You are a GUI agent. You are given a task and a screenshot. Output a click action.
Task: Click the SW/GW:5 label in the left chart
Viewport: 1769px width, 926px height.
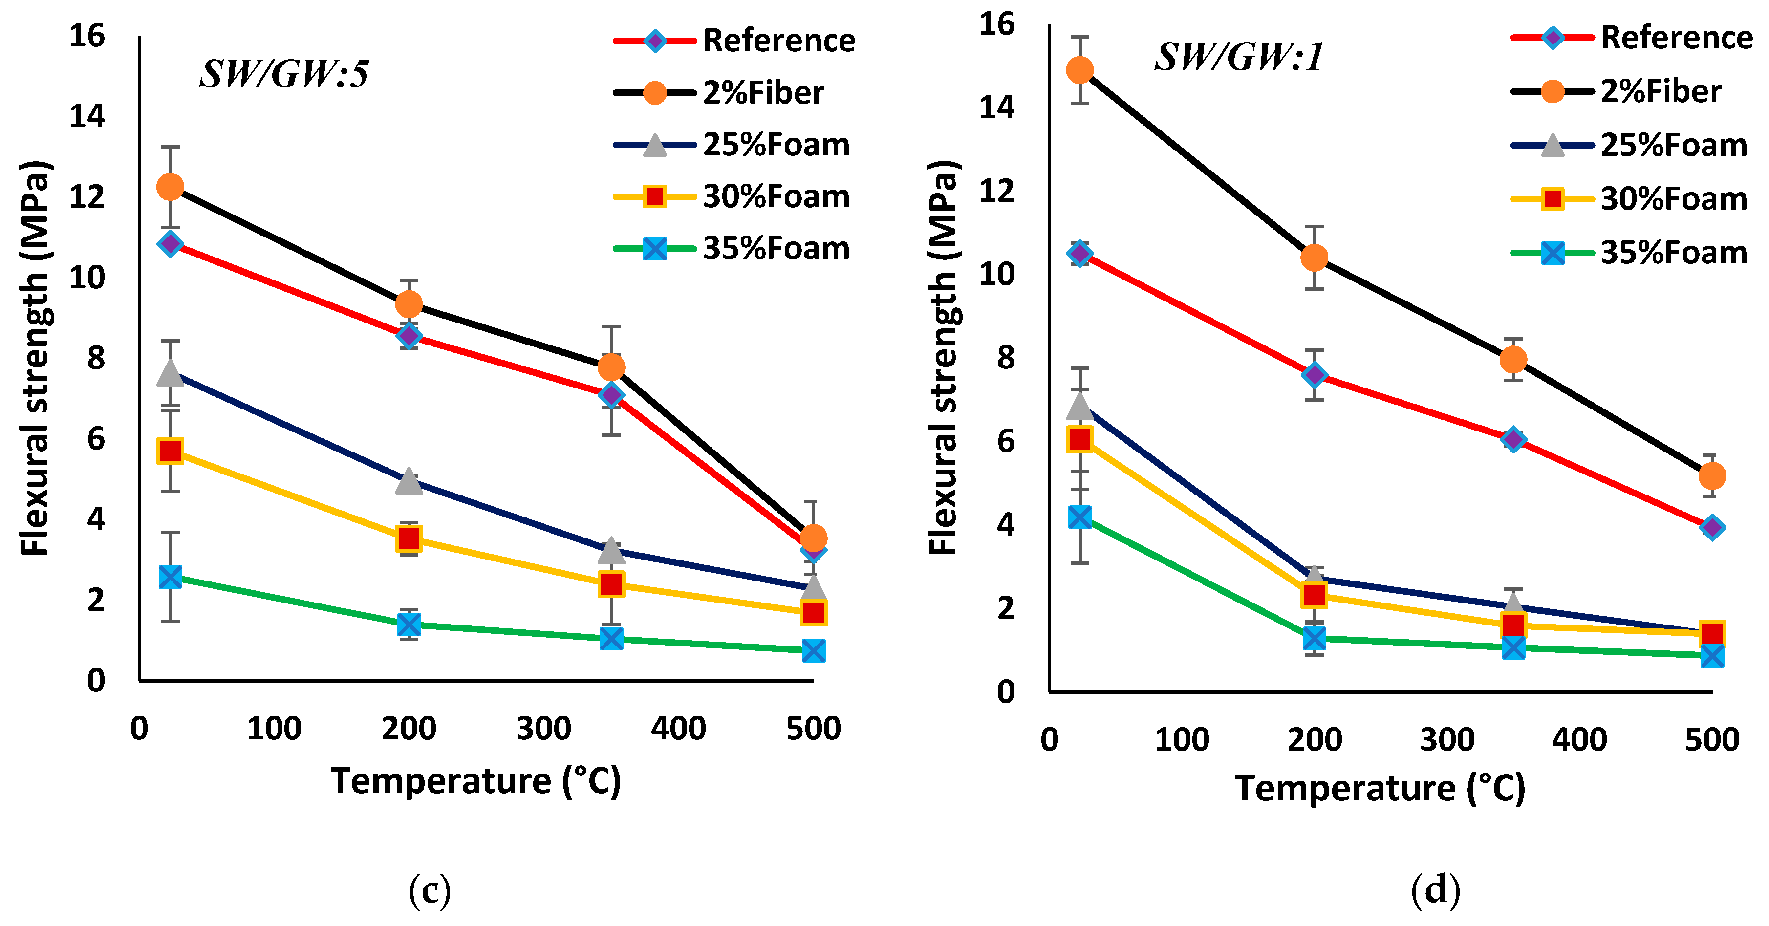pos(283,73)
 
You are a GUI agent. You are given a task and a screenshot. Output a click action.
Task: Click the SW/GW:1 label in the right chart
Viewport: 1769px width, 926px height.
pos(1238,56)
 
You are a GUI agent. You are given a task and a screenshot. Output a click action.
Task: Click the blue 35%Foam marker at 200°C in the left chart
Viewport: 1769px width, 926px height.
pos(409,625)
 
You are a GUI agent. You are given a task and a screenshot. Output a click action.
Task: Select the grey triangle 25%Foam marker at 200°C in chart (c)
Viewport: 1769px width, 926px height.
pos(409,481)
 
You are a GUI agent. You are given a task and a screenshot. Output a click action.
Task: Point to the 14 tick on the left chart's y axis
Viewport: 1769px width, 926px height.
pos(87,117)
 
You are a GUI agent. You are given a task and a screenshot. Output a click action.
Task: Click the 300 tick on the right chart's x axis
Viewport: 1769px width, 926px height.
pos(1447,739)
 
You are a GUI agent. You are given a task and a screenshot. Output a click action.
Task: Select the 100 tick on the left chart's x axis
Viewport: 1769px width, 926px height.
pos(274,728)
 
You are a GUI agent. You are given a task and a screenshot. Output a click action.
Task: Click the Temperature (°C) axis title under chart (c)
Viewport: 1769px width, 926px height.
pos(476,781)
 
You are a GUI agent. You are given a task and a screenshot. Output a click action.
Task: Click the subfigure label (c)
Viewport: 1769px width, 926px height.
pos(430,890)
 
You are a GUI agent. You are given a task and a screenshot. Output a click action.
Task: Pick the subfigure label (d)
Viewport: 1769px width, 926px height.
pos(1435,890)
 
